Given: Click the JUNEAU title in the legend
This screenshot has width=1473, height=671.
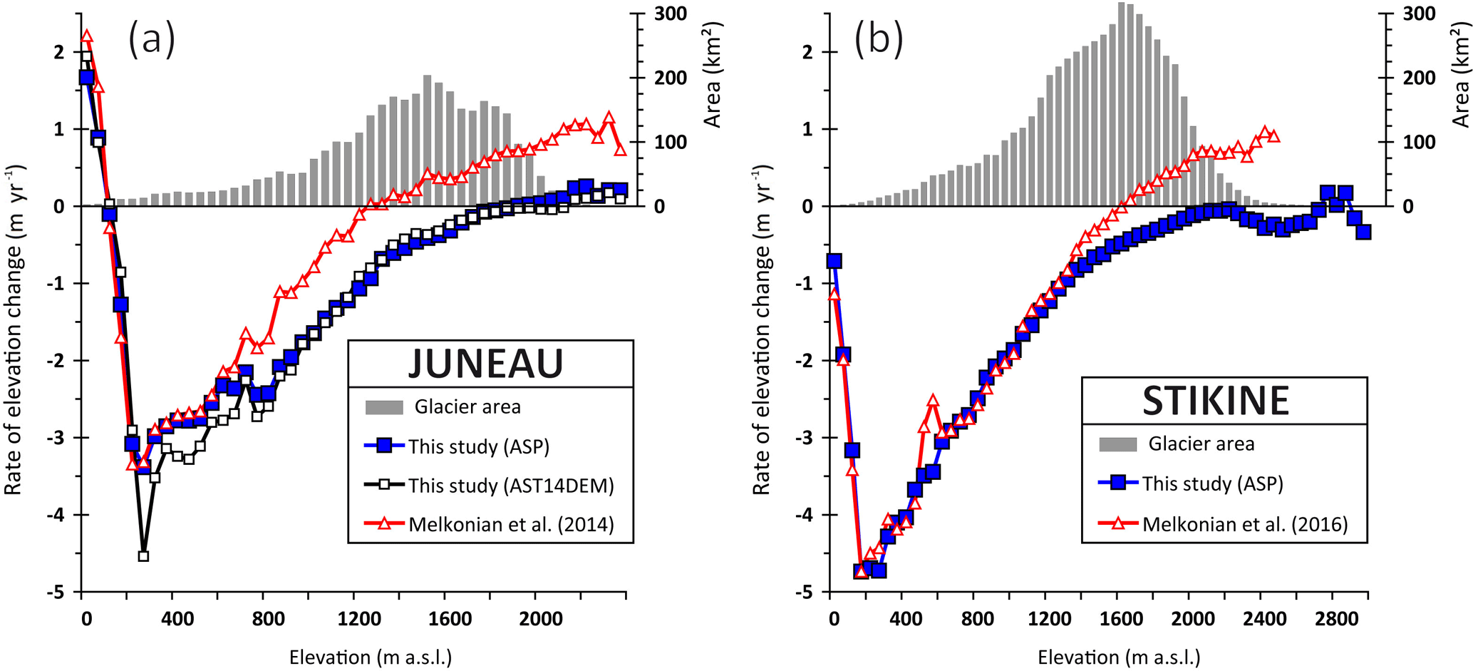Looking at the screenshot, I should coord(486,364).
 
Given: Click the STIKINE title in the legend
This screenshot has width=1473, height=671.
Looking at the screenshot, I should coord(1216,401).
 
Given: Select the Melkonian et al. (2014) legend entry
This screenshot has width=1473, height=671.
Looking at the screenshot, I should coord(510,525).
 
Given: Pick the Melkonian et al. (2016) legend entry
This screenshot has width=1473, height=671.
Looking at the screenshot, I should coord(1244,525).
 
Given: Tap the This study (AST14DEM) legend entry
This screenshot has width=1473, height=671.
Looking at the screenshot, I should coord(510,486).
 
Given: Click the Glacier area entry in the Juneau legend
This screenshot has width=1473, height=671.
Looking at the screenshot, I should coord(467,407).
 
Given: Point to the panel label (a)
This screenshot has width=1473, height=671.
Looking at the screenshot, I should coord(152,39).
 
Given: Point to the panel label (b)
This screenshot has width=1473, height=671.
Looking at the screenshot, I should coord(878,39).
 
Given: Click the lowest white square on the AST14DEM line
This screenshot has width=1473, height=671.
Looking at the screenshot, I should coord(143,555).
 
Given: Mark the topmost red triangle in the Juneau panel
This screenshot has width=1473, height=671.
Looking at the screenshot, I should coord(87,36).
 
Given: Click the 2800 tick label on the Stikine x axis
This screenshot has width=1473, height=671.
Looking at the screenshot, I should coord(1337,619).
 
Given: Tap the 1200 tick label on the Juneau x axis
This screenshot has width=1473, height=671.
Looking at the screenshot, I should coord(359,619).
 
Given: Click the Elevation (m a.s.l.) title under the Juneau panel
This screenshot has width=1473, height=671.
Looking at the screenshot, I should coord(371,657).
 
